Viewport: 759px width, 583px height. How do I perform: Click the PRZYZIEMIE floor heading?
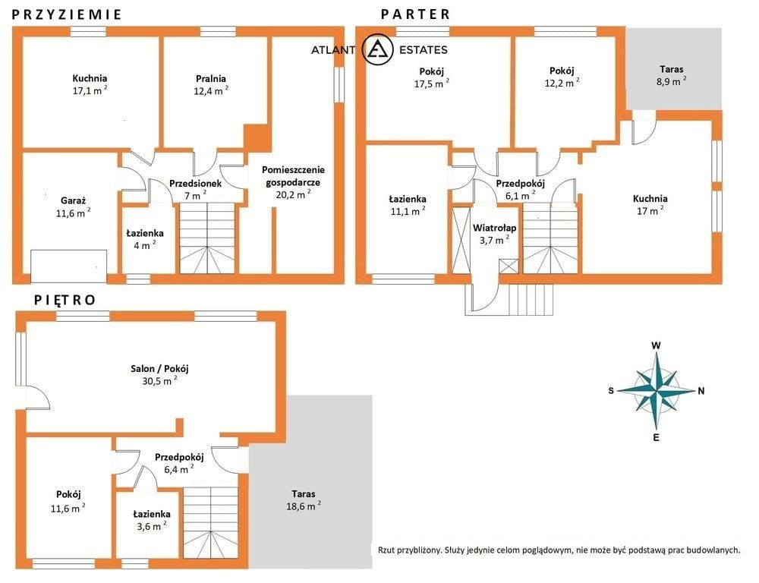[x=66, y=14]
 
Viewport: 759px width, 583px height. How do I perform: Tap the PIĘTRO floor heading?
[x=65, y=300]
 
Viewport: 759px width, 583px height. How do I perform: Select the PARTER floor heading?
[x=415, y=14]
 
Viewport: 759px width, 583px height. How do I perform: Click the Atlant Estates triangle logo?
[x=377, y=50]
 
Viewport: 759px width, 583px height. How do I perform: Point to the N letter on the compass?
[x=701, y=391]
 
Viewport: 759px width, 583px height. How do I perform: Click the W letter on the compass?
[x=656, y=345]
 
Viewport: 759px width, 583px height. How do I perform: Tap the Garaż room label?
[x=73, y=206]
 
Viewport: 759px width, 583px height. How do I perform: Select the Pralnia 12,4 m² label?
[x=211, y=85]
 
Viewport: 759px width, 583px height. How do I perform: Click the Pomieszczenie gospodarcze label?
[x=293, y=182]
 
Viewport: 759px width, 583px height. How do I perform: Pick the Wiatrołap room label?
[x=494, y=234]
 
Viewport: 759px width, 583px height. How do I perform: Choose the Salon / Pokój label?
[x=159, y=375]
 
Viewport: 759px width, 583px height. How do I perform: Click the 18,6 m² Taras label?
[x=304, y=500]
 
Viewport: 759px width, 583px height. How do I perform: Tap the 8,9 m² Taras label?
[x=672, y=76]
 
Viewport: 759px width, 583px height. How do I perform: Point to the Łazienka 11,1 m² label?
[x=408, y=205]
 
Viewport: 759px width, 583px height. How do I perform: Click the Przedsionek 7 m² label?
[x=195, y=189]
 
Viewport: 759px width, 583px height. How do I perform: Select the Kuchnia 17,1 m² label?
[x=90, y=84]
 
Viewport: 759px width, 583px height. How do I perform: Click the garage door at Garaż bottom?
[x=69, y=266]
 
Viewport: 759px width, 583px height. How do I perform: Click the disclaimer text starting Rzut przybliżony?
[x=559, y=550]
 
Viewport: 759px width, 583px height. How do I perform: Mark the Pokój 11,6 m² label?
[x=68, y=501]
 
